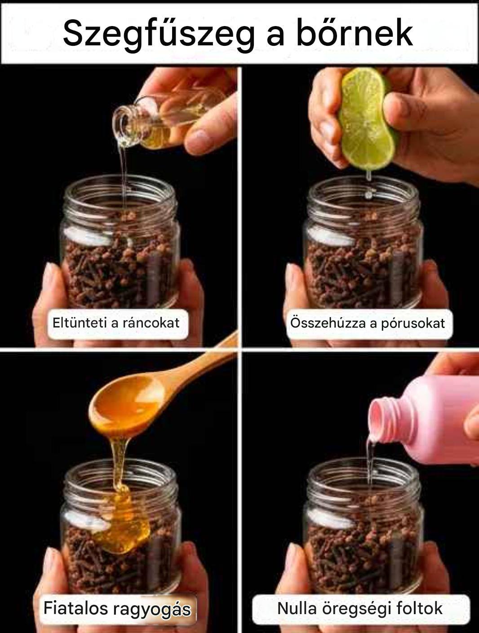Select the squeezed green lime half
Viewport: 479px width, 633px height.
(367, 119)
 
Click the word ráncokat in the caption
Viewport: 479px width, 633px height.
(151, 323)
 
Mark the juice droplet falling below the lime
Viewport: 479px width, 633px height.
(368, 195)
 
